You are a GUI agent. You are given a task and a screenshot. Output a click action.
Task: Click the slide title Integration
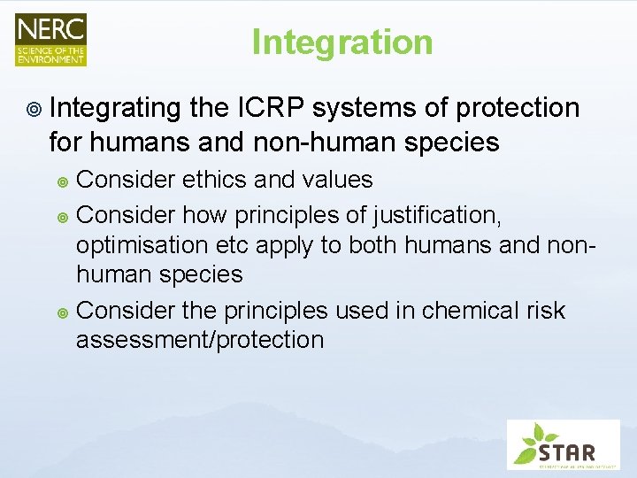[x=342, y=42]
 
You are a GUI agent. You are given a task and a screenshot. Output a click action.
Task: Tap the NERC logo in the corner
[x=50, y=39]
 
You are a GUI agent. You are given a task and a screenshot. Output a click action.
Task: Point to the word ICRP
[x=270, y=108]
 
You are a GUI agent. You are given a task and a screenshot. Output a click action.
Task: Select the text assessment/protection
[x=200, y=340]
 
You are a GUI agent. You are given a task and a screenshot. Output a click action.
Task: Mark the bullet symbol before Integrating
[x=33, y=109]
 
